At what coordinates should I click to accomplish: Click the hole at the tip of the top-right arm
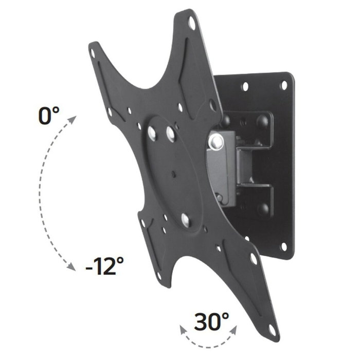(x=191, y=23)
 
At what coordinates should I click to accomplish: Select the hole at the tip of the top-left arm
(x=94, y=51)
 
